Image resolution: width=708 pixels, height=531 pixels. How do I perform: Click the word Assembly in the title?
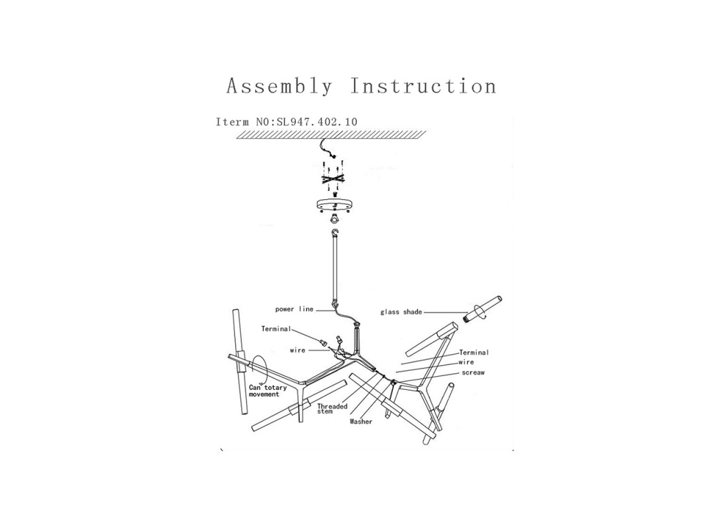click(x=279, y=86)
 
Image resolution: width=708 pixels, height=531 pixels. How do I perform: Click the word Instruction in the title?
click(x=424, y=86)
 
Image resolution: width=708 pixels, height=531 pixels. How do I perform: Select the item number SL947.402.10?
click(x=317, y=122)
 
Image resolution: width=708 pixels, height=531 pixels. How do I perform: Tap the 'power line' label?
click(x=295, y=309)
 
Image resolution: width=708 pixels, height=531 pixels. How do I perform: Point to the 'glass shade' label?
click(x=401, y=312)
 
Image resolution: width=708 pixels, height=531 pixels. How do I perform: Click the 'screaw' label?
click(x=473, y=373)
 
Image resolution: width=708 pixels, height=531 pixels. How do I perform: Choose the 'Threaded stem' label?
click(x=333, y=409)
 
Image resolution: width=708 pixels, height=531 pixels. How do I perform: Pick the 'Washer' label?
click(x=361, y=422)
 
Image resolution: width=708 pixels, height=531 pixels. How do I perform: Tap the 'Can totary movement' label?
click(x=268, y=391)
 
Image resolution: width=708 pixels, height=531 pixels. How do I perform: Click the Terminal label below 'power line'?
click(x=277, y=328)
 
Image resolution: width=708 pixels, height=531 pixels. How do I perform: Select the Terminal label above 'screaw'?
click(x=474, y=353)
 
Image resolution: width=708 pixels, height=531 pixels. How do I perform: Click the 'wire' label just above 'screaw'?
click(x=467, y=362)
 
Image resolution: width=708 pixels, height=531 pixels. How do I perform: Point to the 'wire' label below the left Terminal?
click(x=297, y=350)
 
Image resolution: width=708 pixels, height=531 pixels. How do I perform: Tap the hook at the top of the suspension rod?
click(x=334, y=234)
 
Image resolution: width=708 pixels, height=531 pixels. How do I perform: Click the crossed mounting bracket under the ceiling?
click(x=334, y=178)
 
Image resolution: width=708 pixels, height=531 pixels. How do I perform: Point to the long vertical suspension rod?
click(x=335, y=271)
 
